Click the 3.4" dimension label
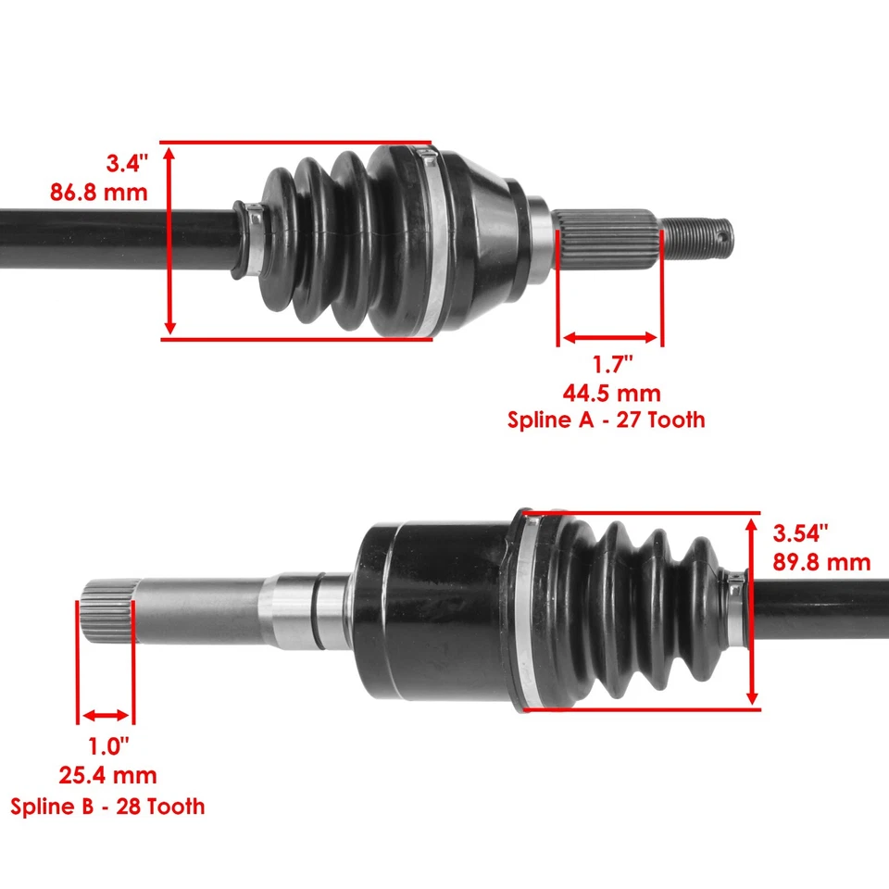pyautogui.click(x=127, y=165)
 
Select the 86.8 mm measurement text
pyautogui.click(x=98, y=194)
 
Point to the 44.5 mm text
pyautogui.click(x=612, y=394)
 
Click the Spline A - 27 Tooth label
pyautogui.click(x=606, y=419)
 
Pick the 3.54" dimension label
pyautogui.click(x=800, y=532)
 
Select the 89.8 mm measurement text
pyautogui.click(x=821, y=561)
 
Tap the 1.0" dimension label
pyautogui.click(x=108, y=745)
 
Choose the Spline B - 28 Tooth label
pyautogui.click(x=107, y=806)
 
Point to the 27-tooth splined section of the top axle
pyautogui.click(x=607, y=238)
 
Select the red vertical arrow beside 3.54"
pyautogui.click(x=752, y=611)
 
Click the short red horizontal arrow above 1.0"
pyautogui.click(x=106, y=715)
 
